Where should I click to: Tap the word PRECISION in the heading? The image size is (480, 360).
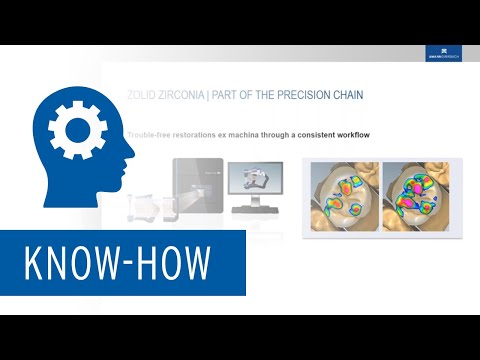306,95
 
